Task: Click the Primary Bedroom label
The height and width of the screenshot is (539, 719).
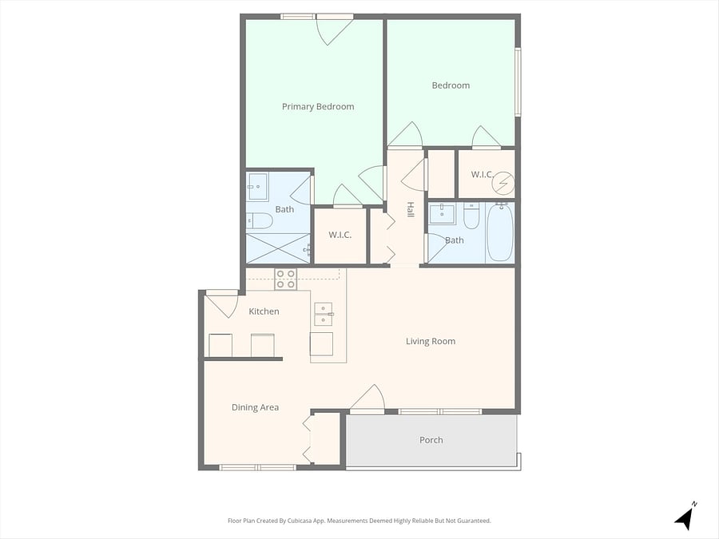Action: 318,107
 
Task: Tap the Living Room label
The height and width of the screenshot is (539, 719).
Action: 431,342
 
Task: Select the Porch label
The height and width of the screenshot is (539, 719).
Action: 431,440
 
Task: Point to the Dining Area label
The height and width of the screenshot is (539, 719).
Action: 255,407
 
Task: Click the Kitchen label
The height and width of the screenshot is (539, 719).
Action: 264,311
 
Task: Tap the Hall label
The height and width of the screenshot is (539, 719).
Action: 410,209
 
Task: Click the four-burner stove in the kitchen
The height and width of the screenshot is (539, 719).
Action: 286,279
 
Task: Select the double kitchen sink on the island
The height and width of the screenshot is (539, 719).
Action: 324,314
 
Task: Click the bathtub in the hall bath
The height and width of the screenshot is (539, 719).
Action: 500,232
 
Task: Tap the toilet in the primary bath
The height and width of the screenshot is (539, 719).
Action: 260,221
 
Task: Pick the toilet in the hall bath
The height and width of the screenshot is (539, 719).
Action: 471,216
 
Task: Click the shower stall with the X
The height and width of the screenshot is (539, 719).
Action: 278,248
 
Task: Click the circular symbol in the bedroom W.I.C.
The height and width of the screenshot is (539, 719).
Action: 503,183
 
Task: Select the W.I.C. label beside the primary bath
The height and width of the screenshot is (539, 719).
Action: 340,235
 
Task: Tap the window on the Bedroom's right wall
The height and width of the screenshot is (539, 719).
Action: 518,82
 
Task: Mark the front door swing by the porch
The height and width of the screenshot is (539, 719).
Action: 367,398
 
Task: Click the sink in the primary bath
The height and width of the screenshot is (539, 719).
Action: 258,187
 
